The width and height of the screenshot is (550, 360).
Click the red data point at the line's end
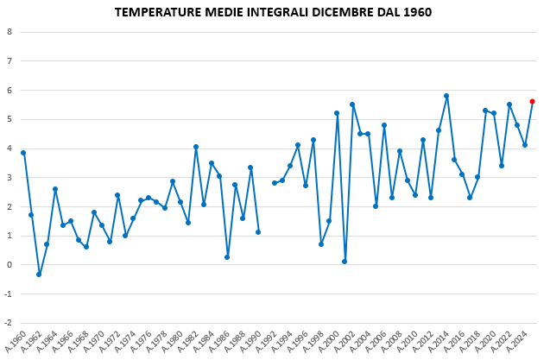(532, 101)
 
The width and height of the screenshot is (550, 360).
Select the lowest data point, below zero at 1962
(39, 275)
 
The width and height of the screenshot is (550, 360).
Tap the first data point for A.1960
(23, 153)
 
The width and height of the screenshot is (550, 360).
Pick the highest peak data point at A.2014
(446, 96)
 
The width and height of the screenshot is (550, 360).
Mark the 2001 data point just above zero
(345, 262)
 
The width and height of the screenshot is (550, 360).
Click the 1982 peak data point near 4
(196, 147)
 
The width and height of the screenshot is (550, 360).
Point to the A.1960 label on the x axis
(17, 340)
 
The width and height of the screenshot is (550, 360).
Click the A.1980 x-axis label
(174, 340)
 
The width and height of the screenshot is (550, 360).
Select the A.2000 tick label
(331, 340)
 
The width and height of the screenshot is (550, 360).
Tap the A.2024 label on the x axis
(519, 340)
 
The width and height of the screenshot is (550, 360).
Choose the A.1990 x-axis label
(252, 340)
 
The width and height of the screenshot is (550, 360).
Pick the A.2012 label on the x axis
(425, 340)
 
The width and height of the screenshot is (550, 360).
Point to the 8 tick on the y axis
(9, 32)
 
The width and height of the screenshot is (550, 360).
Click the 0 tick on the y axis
(9, 265)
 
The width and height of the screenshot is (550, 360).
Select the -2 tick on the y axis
(8, 323)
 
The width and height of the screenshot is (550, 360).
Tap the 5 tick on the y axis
(9, 119)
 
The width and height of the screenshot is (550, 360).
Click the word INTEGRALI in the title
(280, 13)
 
